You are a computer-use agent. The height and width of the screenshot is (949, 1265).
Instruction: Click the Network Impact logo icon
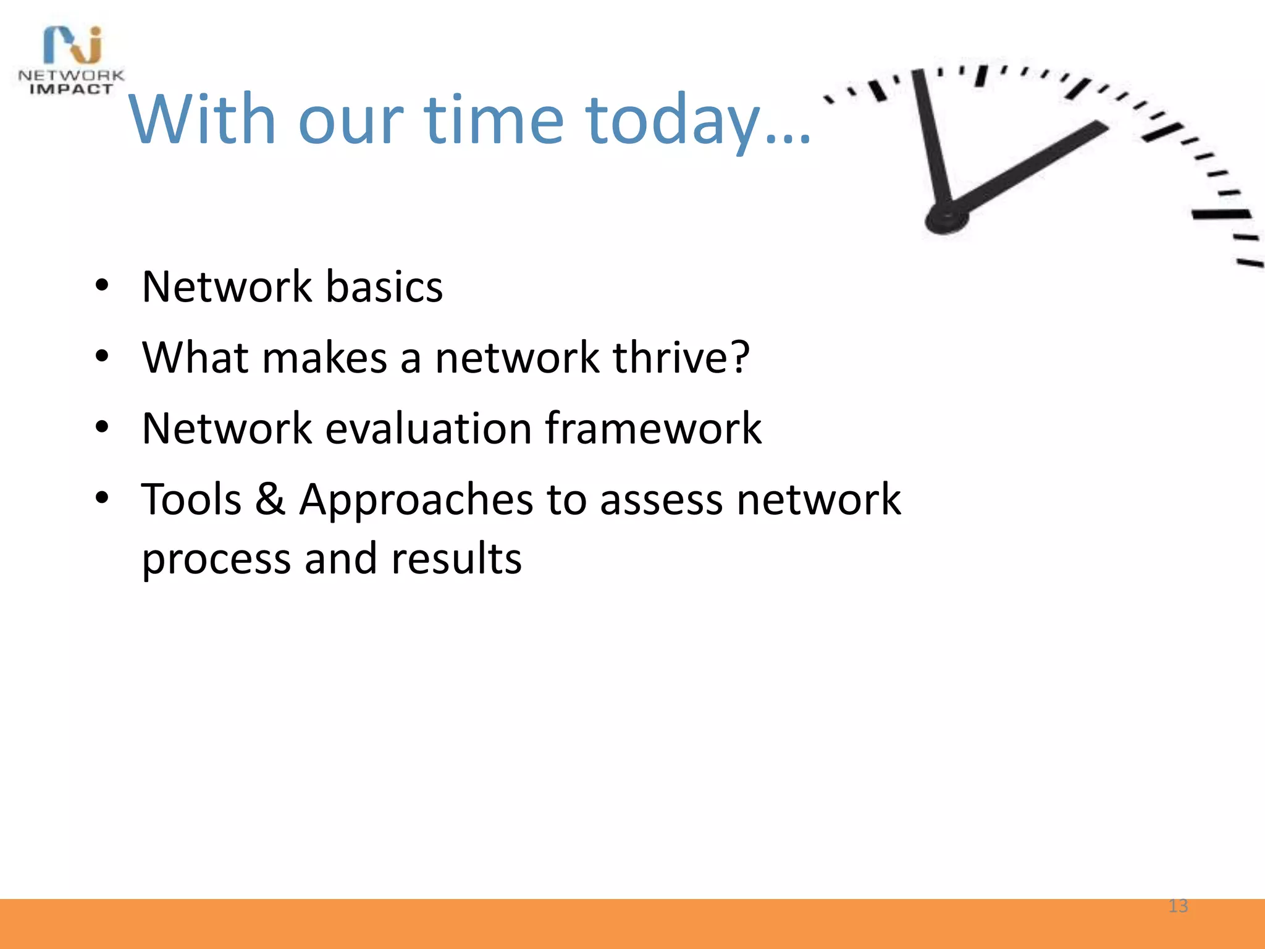[73, 44]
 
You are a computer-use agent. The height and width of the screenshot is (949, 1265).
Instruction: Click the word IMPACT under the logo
[72, 90]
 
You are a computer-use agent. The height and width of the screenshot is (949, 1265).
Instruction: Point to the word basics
[384, 287]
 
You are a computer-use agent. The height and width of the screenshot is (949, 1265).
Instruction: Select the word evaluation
[428, 428]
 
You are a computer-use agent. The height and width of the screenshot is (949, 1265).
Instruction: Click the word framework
[653, 428]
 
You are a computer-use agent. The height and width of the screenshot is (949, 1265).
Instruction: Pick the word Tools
[191, 499]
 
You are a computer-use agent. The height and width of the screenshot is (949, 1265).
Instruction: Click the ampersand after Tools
[270, 499]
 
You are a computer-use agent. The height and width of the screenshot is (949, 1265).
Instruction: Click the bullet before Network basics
[103, 286]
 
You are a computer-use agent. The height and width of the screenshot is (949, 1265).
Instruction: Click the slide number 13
[1178, 906]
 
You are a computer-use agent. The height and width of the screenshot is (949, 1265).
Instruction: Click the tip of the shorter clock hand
[1101, 127]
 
